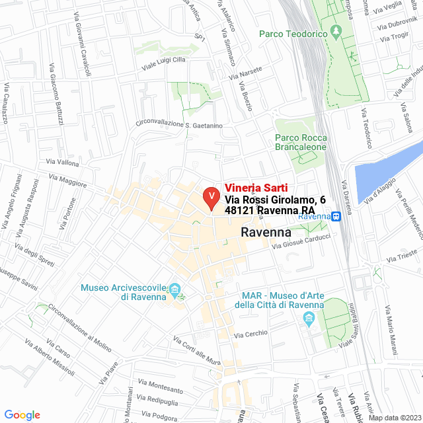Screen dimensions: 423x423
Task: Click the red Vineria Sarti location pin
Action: point(211,197)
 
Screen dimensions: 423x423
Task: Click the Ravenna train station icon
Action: point(336,215)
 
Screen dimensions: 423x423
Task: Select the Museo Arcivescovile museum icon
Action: point(175,289)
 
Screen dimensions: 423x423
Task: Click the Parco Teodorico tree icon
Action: point(337,31)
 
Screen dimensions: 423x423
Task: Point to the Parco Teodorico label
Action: point(294,33)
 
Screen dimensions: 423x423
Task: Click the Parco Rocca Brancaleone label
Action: point(300,143)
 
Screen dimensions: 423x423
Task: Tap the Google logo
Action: point(22,415)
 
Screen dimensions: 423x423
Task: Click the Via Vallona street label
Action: point(63,163)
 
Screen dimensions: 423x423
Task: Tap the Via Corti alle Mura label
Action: point(196,350)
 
